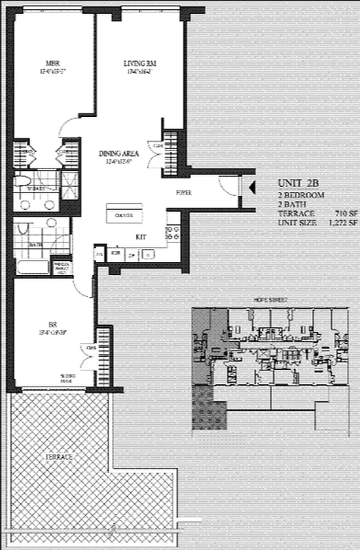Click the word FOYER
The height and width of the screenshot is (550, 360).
click(x=183, y=193)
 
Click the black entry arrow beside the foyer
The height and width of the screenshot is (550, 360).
click(x=250, y=186)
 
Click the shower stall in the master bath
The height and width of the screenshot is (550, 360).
click(x=69, y=181)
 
